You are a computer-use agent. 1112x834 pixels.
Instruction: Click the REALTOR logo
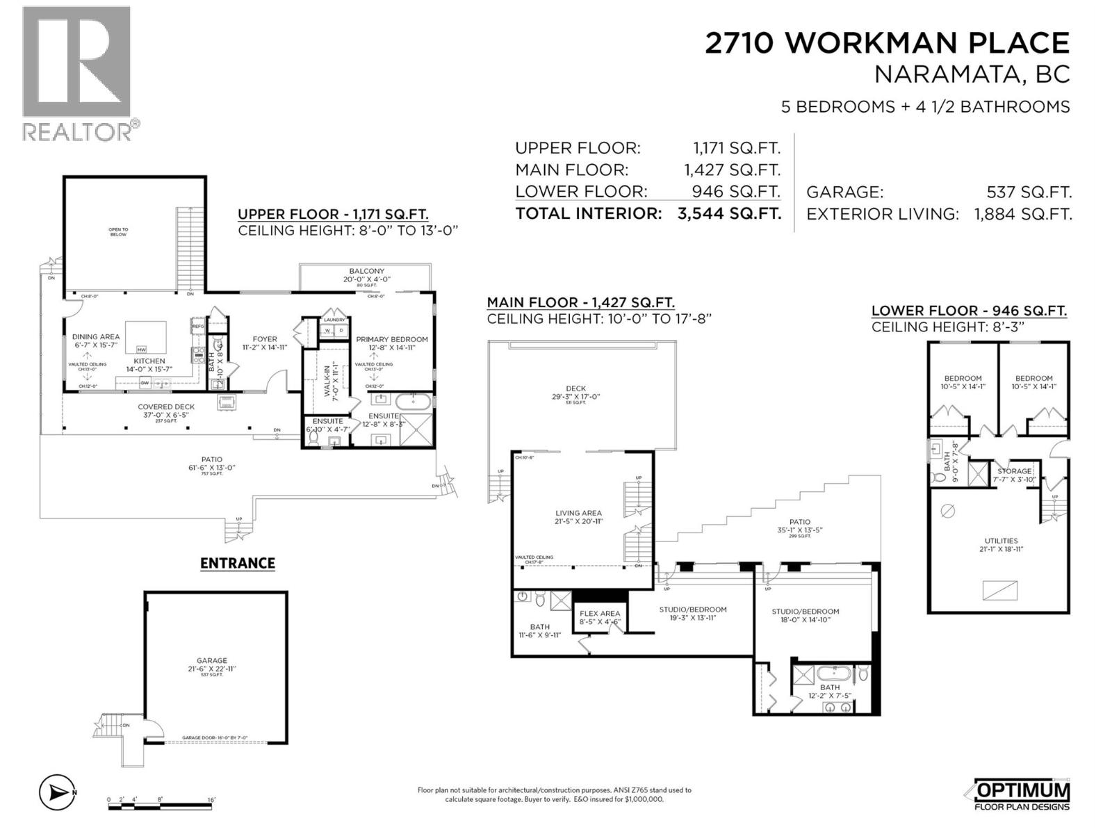(76, 73)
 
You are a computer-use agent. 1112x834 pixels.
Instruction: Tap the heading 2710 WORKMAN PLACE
(887, 43)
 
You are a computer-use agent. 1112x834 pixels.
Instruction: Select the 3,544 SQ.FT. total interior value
(728, 213)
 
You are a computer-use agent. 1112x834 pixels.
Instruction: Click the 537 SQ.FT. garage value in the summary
(1029, 193)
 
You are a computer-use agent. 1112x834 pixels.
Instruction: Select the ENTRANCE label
(238, 563)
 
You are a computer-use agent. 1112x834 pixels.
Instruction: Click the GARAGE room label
(211, 661)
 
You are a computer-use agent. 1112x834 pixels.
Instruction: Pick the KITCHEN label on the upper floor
(149, 361)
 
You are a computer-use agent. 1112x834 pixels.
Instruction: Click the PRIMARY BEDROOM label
(392, 339)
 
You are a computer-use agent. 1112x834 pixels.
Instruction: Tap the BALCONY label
(366, 271)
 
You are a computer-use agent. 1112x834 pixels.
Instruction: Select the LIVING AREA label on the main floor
(578, 513)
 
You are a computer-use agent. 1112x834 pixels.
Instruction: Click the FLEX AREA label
(600, 613)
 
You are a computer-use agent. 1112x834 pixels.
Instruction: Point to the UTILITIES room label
(1001, 540)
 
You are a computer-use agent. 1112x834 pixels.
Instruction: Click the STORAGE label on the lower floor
(1014, 471)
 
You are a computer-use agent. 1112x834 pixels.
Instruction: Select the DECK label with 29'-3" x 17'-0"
(575, 389)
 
